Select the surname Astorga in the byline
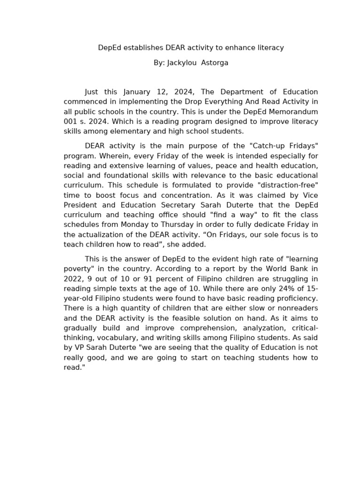(x=215, y=62)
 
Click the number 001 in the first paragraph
(x=71, y=121)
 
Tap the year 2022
(x=74, y=279)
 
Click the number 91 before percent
(x=137, y=279)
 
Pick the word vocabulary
(x=110, y=338)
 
